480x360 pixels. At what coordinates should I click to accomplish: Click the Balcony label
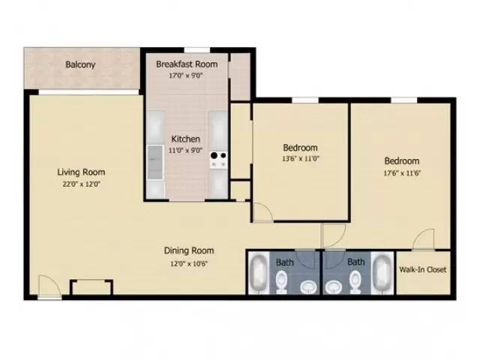click(80, 64)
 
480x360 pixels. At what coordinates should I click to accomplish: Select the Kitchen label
click(185, 139)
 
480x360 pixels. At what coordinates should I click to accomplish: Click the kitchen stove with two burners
click(219, 158)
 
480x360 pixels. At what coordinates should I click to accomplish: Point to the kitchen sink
click(154, 157)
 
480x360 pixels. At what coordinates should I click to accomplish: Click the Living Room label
click(81, 172)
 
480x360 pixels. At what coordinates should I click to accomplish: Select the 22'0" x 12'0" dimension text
click(81, 183)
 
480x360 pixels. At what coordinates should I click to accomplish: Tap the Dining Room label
click(190, 250)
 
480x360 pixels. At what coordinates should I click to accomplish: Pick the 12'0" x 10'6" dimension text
click(190, 262)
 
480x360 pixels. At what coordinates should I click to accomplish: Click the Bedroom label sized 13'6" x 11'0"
click(300, 147)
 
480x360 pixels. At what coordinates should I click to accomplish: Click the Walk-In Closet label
click(424, 269)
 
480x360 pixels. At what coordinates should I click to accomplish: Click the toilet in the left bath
click(280, 281)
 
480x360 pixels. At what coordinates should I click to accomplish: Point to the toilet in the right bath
click(355, 281)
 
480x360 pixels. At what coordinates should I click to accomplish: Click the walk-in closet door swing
click(424, 239)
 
